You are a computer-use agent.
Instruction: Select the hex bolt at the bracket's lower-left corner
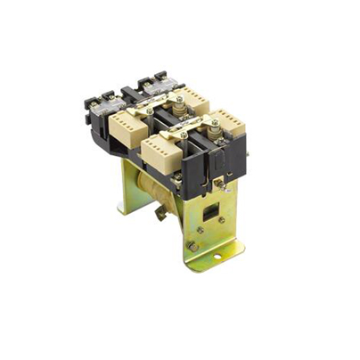[192, 245]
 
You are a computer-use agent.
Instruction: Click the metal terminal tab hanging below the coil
[160, 214]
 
